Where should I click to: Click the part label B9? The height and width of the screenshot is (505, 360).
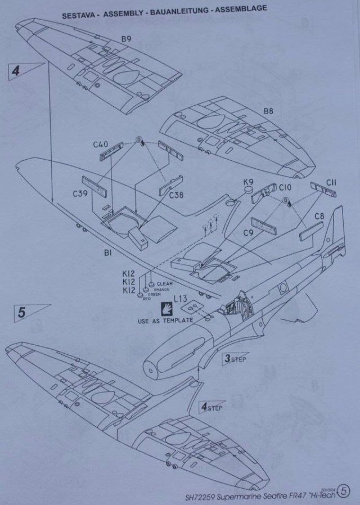[126, 39]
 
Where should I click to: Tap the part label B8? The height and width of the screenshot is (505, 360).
[269, 112]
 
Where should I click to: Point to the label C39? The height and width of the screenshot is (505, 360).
[80, 194]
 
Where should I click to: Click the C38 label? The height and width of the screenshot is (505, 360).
[178, 196]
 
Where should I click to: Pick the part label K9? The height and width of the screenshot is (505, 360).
[248, 182]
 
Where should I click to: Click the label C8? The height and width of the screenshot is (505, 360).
[319, 215]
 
